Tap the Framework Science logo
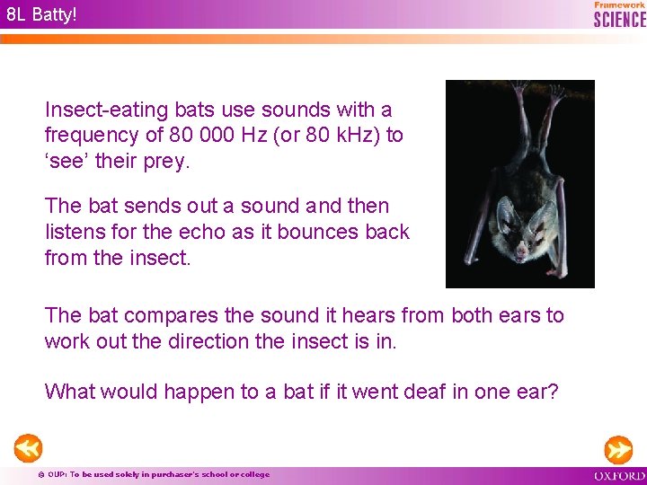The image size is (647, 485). tap(619, 14)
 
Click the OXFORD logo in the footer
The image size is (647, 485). tap(619, 475)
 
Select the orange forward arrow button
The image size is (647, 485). tap(618, 449)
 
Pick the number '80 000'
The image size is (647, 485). tap(197, 136)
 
